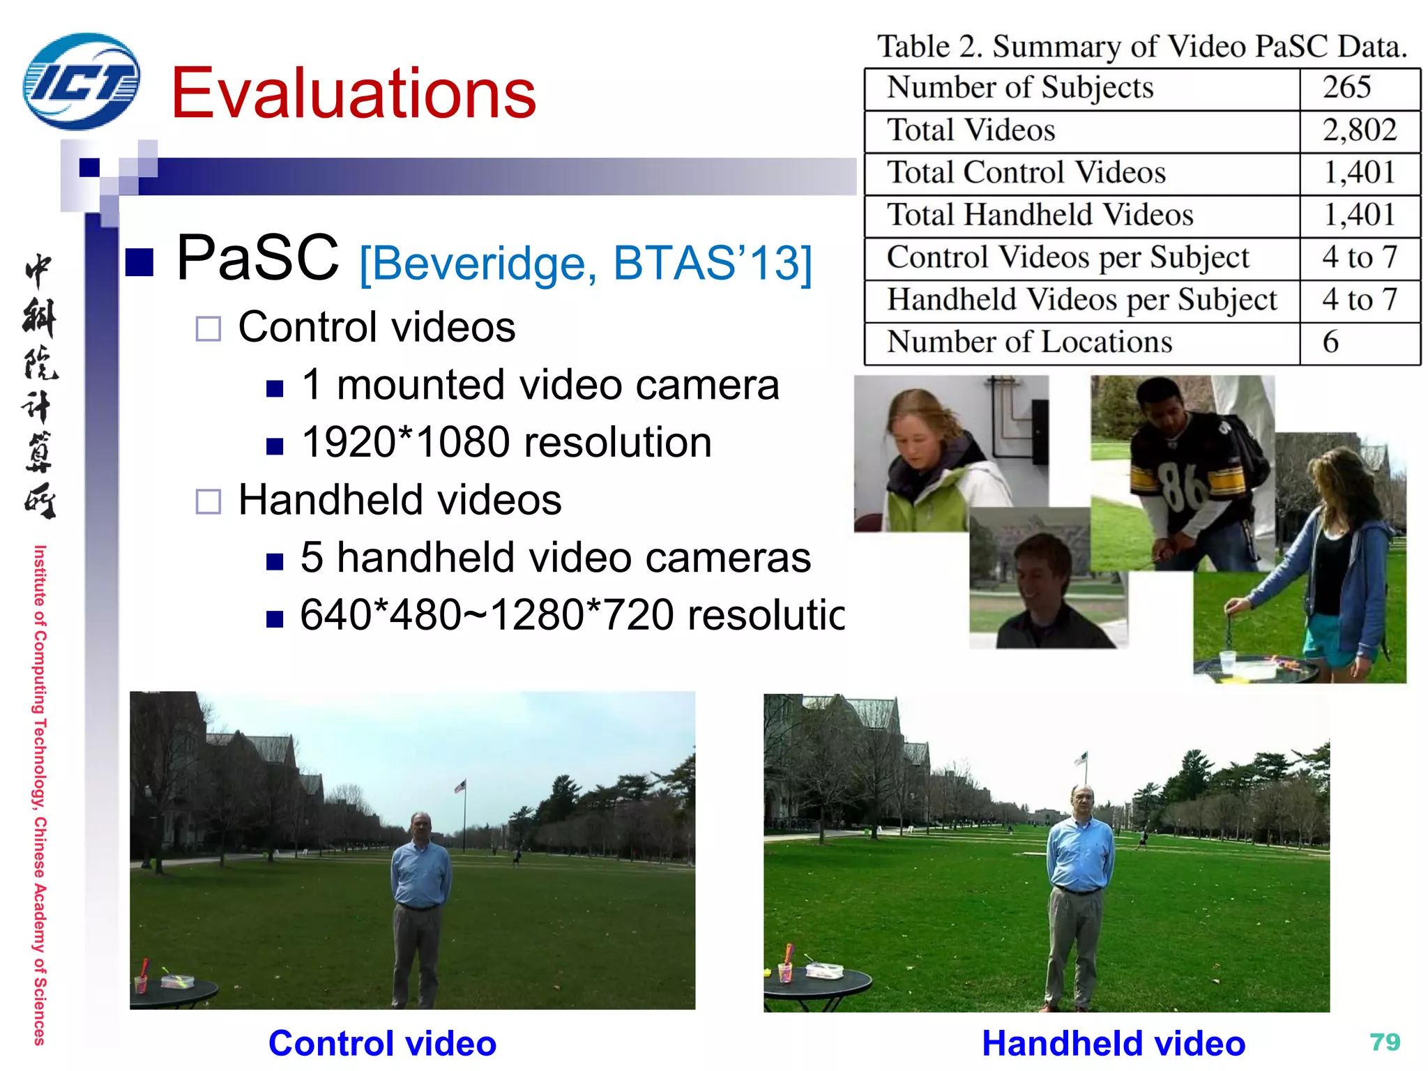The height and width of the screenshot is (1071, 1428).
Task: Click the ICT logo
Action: point(82,82)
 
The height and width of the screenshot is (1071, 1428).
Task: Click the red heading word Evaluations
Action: point(354,93)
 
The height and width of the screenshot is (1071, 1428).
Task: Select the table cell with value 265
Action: point(1346,88)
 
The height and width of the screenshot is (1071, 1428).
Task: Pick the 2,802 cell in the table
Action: point(1359,130)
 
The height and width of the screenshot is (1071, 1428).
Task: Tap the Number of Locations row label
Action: point(1029,342)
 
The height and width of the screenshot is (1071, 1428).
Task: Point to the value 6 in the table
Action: point(1330,342)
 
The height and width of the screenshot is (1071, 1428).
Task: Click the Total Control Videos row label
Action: point(1026,173)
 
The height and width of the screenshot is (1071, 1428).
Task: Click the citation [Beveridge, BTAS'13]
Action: point(586,264)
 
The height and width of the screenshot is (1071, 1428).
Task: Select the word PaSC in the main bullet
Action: point(257,258)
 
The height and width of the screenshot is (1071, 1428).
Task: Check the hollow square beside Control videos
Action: point(208,328)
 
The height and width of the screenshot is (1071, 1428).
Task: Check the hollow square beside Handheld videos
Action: point(208,501)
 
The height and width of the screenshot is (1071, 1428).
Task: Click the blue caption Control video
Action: point(382,1044)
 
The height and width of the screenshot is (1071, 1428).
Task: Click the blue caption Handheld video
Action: point(1113,1044)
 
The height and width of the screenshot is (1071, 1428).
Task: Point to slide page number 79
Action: point(1385,1042)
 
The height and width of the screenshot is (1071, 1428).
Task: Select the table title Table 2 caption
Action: point(1141,47)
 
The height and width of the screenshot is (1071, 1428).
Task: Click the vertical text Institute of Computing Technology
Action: point(40,795)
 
